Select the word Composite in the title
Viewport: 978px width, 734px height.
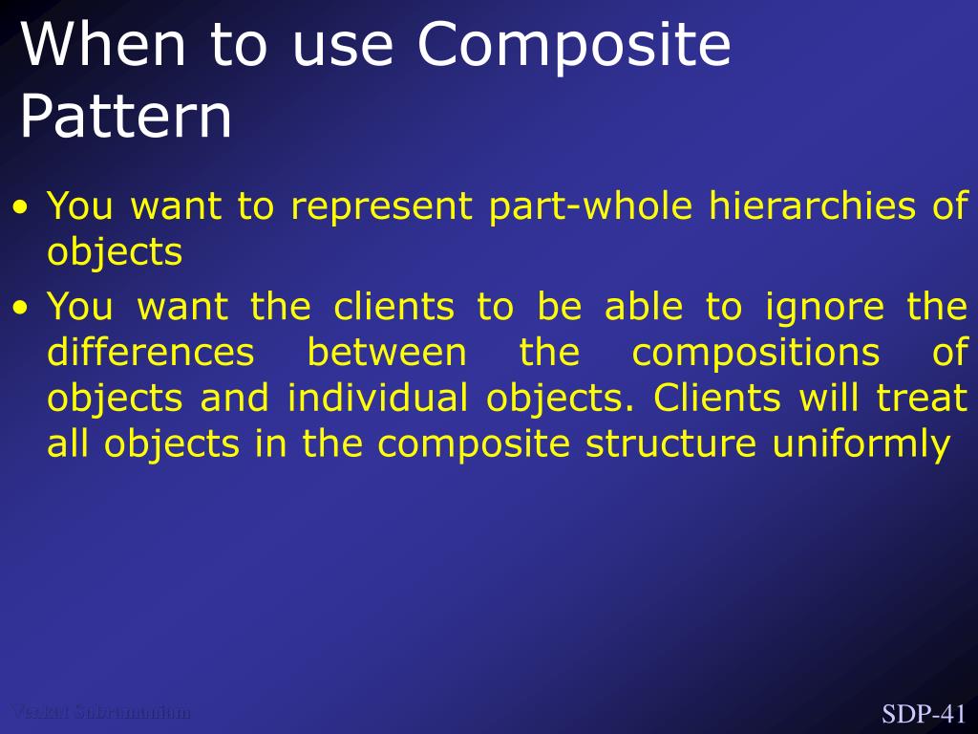click(573, 45)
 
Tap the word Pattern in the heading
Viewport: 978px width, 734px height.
click(125, 118)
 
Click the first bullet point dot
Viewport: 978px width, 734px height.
click(23, 207)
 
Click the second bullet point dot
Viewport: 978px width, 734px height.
click(23, 309)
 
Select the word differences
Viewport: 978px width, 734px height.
click(150, 353)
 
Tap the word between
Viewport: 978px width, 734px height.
click(386, 353)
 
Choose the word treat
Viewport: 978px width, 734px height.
click(923, 399)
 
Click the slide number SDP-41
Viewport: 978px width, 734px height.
click(924, 714)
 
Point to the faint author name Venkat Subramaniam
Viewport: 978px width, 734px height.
click(100, 711)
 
